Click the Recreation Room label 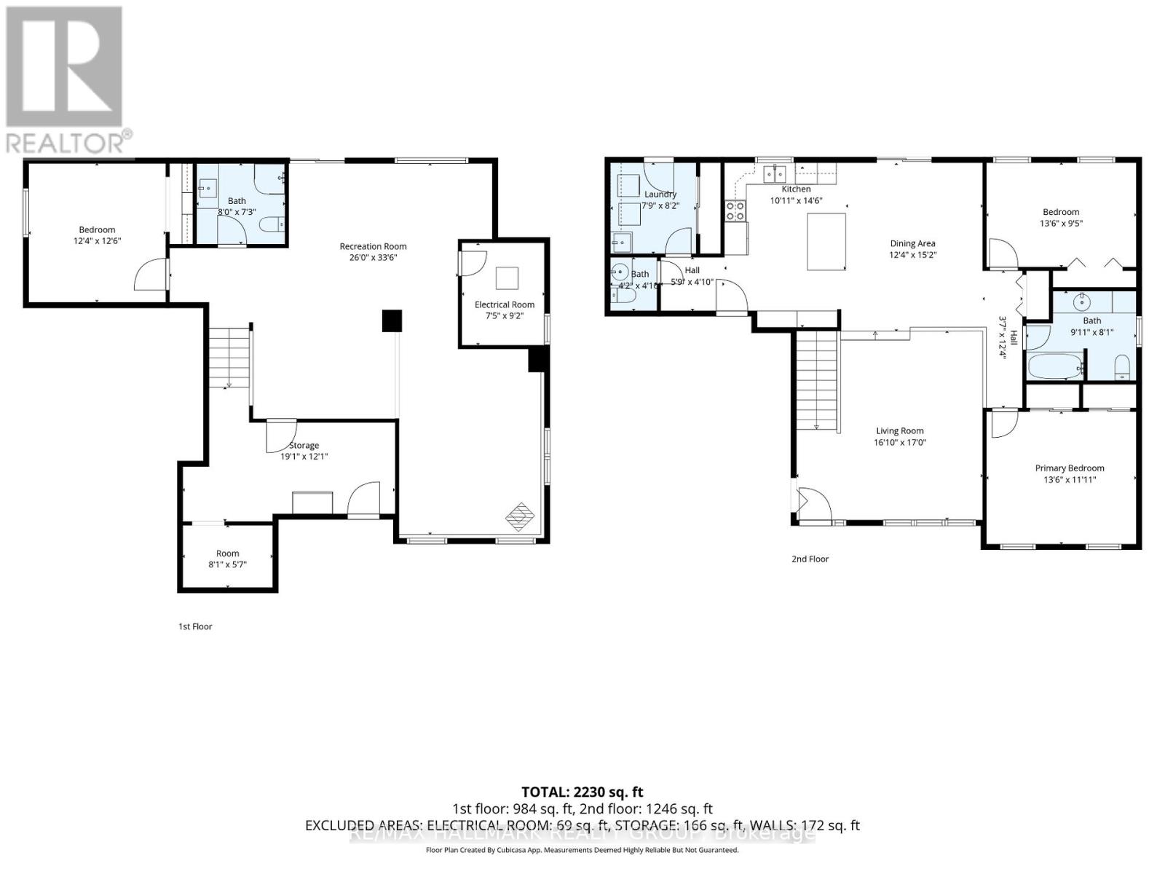(x=373, y=246)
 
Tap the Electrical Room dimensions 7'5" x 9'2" (x=504, y=316)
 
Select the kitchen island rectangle (x=826, y=241)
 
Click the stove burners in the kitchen (x=735, y=211)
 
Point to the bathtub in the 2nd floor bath (x=1054, y=366)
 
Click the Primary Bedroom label (x=1069, y=468)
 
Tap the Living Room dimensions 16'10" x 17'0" (x=899, y=443)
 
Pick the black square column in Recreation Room (x=392, y=321)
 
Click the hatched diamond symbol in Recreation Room (x=520, y=516)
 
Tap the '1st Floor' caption (x=195, y=626)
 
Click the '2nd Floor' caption (x=810, y=559)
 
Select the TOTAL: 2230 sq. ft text (x=582, y=792)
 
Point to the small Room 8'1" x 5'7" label (x=227, y=554)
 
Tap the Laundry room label (x=660, y=194)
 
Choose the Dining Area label (x=912, y=244)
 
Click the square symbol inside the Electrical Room (x=507, y=278)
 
